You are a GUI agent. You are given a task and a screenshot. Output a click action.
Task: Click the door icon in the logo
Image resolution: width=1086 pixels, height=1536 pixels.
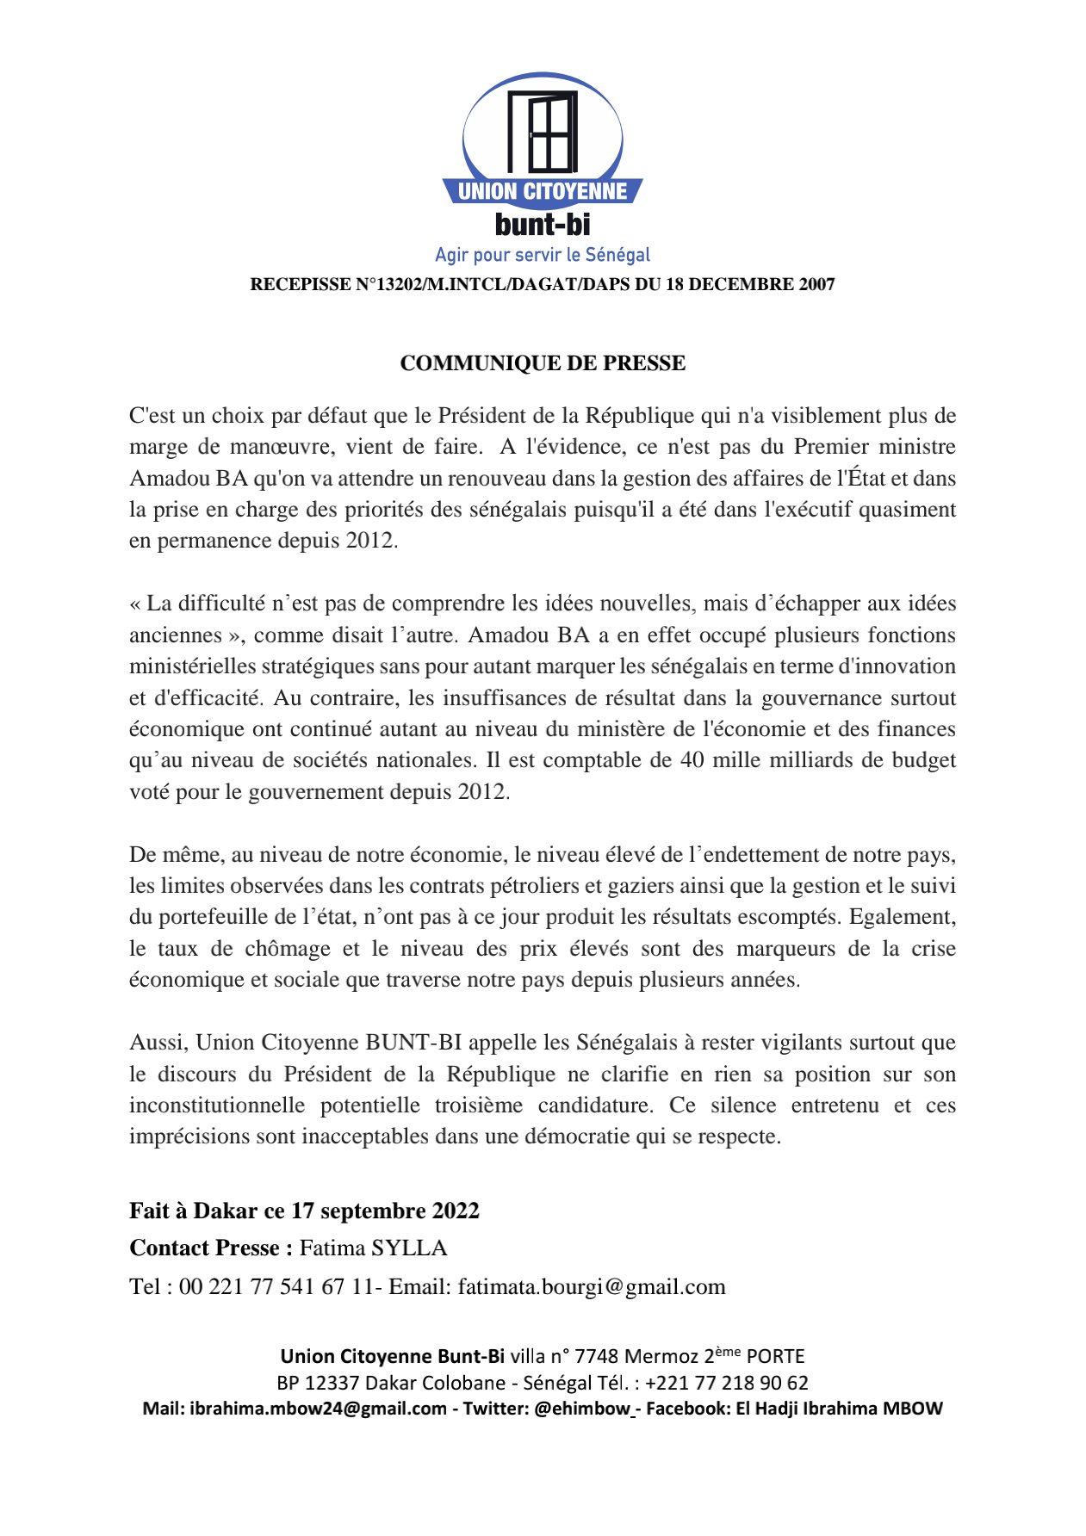point(542,131)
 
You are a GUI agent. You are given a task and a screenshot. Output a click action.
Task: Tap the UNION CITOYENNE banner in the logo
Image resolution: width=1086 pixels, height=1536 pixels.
point(543,191)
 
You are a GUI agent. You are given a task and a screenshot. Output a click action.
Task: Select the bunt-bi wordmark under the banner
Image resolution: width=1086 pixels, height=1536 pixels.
point(543,225)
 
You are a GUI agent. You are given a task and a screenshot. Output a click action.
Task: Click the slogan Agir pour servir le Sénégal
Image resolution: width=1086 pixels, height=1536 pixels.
point(543,255)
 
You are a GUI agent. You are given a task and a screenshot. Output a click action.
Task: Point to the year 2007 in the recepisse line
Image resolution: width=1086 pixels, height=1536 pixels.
point(816,285)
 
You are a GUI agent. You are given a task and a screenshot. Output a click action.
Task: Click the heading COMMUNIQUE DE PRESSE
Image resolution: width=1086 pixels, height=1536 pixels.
point(543,363)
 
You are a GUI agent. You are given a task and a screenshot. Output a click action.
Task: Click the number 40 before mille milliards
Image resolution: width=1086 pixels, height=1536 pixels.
point(692,760)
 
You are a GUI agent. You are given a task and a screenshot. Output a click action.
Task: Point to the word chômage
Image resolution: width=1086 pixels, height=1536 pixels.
point(288,949)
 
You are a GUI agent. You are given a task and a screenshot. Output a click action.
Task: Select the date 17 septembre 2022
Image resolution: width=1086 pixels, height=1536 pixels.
point(385,1211)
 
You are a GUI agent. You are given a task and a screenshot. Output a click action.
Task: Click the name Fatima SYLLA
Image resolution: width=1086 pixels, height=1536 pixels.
point(374,1248)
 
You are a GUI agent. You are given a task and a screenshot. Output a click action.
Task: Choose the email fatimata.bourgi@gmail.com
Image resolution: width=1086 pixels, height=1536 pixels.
point(592,1287)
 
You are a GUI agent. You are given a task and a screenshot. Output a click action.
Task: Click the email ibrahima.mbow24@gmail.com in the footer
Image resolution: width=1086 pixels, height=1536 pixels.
point(318,1409)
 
